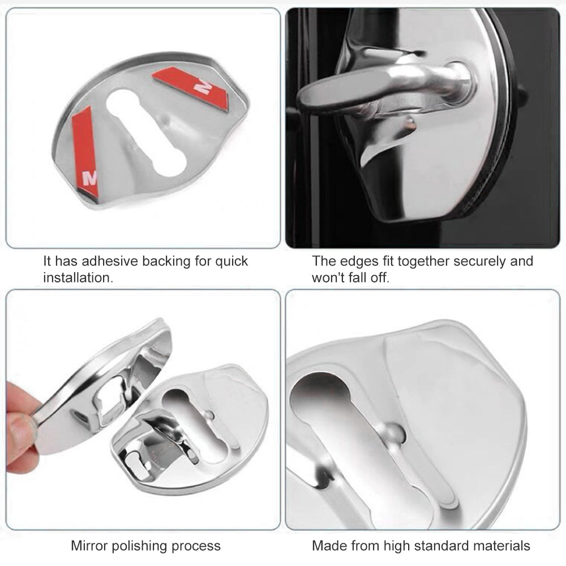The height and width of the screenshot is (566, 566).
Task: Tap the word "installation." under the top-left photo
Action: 78,277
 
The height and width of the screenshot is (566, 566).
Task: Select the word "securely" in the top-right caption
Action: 480,261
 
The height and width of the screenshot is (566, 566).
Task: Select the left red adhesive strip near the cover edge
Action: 85,151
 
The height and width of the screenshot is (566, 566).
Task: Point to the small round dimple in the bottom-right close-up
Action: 392,433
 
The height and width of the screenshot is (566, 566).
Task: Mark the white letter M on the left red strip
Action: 90,178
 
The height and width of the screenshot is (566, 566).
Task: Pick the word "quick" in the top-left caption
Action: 231,261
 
